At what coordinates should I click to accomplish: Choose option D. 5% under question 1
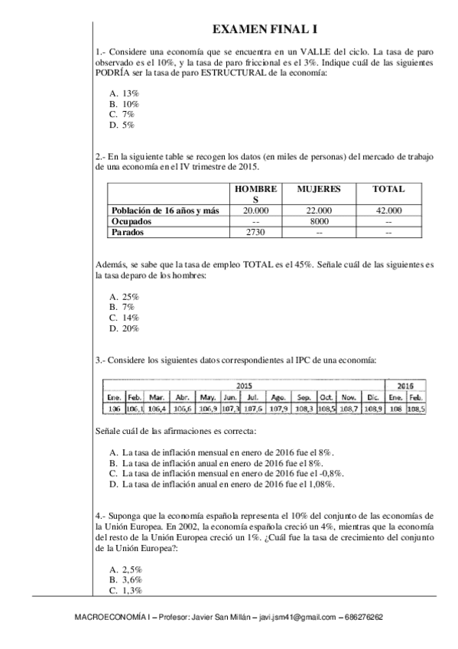point(122,124)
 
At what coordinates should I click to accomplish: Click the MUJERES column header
point(318,188)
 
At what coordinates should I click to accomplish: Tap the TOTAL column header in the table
point(388,188)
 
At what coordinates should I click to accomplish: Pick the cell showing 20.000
point(255,210)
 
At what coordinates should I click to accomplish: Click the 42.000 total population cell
point(388,210)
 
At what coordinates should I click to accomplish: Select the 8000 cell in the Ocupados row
point(318,220)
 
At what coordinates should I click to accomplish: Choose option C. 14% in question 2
point(124,317)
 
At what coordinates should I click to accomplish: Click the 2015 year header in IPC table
point(244,387)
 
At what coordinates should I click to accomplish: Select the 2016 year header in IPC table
point(406,387)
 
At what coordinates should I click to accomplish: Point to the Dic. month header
point(373,398)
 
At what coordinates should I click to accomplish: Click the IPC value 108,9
point(373,409)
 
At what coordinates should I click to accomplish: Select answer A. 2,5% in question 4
point(126,569)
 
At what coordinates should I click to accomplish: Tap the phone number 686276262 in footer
point(365,617)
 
